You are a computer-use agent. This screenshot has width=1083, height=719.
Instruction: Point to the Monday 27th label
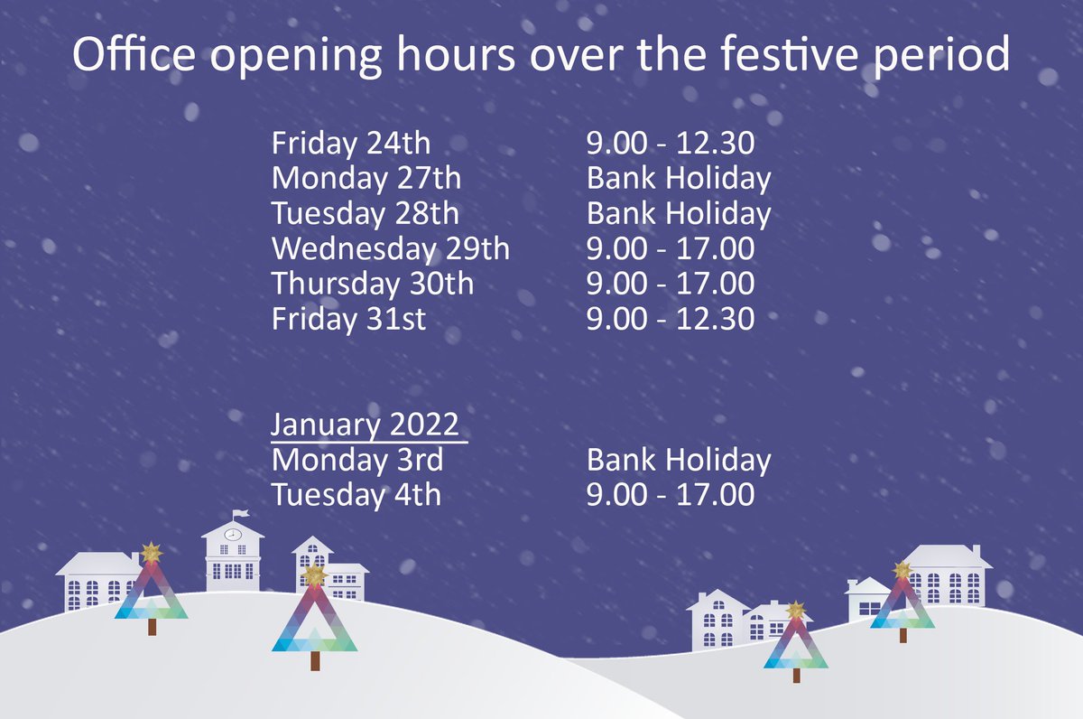pos(366,179)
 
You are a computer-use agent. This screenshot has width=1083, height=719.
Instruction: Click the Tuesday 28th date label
pos(365,214)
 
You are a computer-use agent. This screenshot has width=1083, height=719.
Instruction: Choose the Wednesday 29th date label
pos(390,248)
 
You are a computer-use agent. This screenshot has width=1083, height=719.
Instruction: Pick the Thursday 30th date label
pos(372,284)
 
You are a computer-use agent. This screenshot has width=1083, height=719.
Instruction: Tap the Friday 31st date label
pos(348,319)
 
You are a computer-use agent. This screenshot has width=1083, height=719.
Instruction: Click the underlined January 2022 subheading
pos(365,425)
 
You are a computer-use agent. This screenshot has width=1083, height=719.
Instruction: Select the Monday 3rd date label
pos(357,460)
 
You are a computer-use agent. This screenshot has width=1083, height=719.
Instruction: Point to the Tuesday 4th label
pos(356,495)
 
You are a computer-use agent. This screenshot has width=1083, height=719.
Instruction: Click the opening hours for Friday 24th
pos(670,144)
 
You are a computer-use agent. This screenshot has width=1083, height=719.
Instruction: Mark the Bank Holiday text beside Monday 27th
pos(679,179)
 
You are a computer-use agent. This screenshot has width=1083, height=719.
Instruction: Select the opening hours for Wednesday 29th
pos(670,248)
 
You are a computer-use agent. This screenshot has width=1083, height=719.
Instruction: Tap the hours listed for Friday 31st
pos(670,319)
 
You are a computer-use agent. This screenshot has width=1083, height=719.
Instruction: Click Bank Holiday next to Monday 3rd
pos(679,460)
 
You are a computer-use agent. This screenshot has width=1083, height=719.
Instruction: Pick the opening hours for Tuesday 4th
pos(670,495)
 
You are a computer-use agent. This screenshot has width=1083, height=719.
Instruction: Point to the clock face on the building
pos(233,534)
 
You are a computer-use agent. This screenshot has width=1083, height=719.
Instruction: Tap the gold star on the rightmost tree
pos(902,570)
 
